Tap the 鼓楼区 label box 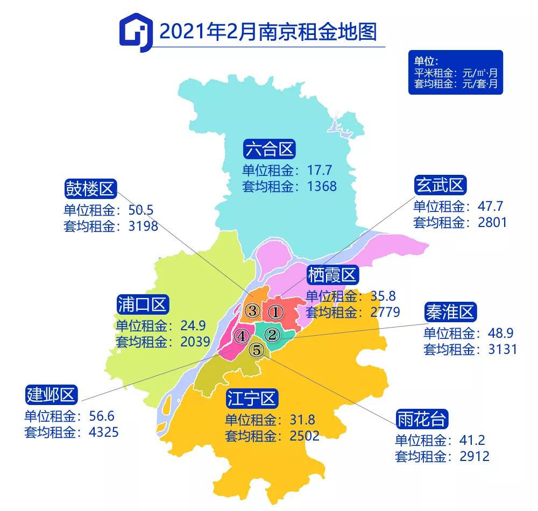coord(89,189)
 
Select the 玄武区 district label coord(440,186)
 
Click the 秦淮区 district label coord(450,311)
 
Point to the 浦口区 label coord(143,304)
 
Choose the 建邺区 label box coord(52,395)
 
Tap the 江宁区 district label coord(251,399)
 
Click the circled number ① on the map coord(275,311)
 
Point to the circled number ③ coord(252,310)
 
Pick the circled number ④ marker coord(242,337)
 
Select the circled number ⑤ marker coord(257,350)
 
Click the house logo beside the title coord(133,32)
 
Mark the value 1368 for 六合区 coord(319,187)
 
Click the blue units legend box coord(455,73)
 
